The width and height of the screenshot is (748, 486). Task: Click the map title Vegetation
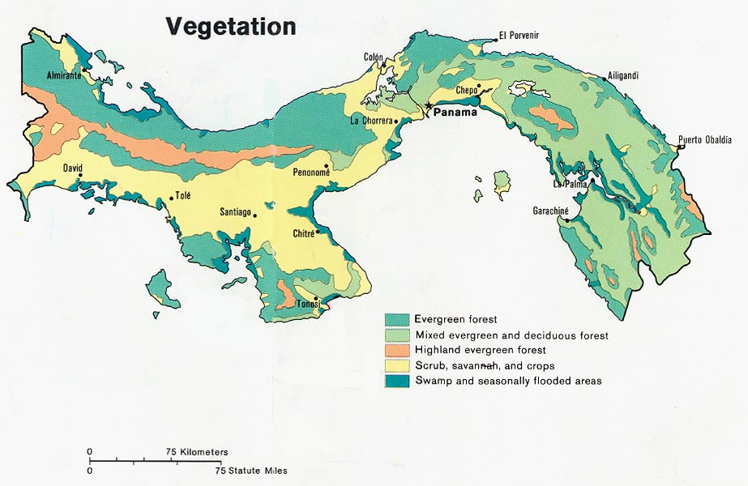pyautogui.click(x=231, y=26)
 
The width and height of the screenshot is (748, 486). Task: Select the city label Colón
pyautogui.click(x=373, y=57)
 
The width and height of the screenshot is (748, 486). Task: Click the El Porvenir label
pyautogui.click(x=519, y=35)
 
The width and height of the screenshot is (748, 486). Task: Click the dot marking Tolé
pyautogui.click(x=171, y=197)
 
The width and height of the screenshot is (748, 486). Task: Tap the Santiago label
pyautogui.click(x=235, y=212)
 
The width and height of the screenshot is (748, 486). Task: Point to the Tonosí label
pyautogui.click(x=308, y=303)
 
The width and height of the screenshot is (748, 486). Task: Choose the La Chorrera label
pyautogui.click(x=371, y=121)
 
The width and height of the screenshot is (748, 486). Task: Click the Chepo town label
pyautogui.click(x=467, y=91)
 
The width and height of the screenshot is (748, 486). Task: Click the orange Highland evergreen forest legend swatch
pyautogui.click(x=397, y=350)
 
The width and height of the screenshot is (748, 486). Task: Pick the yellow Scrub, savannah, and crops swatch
pyautogui.click(x=397, y=365)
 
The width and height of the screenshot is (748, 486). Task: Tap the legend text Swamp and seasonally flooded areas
pyautogui.click(x=507, y=381)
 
